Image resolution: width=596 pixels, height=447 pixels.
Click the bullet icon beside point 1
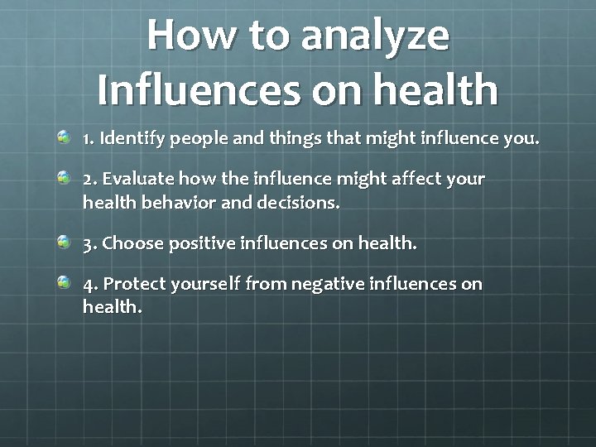[64, 137]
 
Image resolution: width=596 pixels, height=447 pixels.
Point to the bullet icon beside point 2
[64, 177]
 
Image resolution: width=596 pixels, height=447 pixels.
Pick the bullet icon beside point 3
[64, 242]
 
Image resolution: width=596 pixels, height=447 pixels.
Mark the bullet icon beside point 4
[64, 283]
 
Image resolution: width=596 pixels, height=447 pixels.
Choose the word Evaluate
[133, 179]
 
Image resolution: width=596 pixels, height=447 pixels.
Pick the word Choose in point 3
[132, 243]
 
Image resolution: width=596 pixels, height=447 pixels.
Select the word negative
[333, 285]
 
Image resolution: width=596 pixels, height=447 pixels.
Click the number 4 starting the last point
[89, 285]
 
